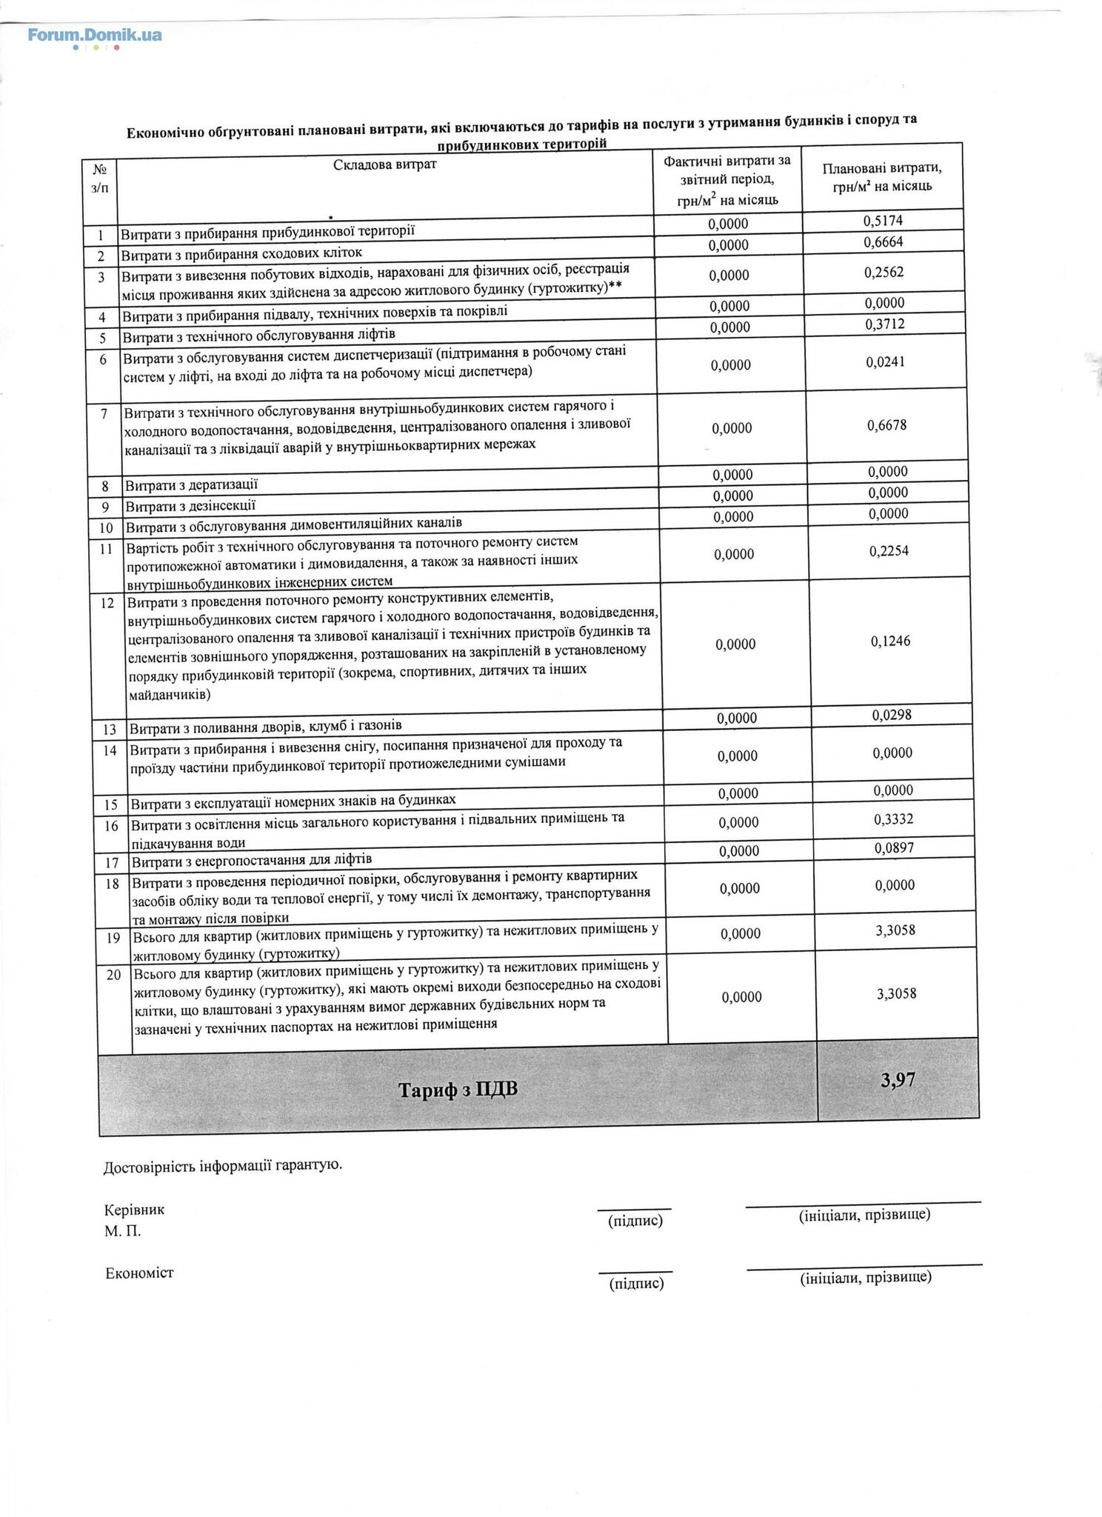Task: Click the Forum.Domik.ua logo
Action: pyautogui.click(x=95, y=35)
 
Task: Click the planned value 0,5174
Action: pyautogui.click(x=883, y=220)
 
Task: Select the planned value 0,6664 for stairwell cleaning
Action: pyautogui.click(x=883, y=241)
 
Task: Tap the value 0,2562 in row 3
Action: pyautogui.click(x=884, y=272)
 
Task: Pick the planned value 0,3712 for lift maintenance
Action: pyautogui.click(x=884, y=324)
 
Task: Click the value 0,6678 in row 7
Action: pyautogui.click(x=886, y=425)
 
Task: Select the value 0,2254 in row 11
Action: pyautogui.click(x=889, y=551)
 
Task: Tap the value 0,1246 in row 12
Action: pyautogui.click(x=890, y=641)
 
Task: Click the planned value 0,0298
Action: pyautogui.click(x=892, y=715)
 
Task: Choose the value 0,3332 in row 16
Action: pyautogui.click(x=894, y=819)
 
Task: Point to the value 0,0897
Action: pyautogui.click(x=894, y=847)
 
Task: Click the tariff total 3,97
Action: pyautogui.click(x=898, y=1079)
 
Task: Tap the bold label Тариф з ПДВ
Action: pyautogui.click(x=458, y=1090)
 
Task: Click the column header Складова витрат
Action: pyautogui.click(x=385, y=164)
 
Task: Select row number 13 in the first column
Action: pyautogui.click(x=110, y=730)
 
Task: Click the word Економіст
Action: pyautogui.click(x=139, y=1273)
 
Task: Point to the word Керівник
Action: pyautogui.click(x=134, y=1210)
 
